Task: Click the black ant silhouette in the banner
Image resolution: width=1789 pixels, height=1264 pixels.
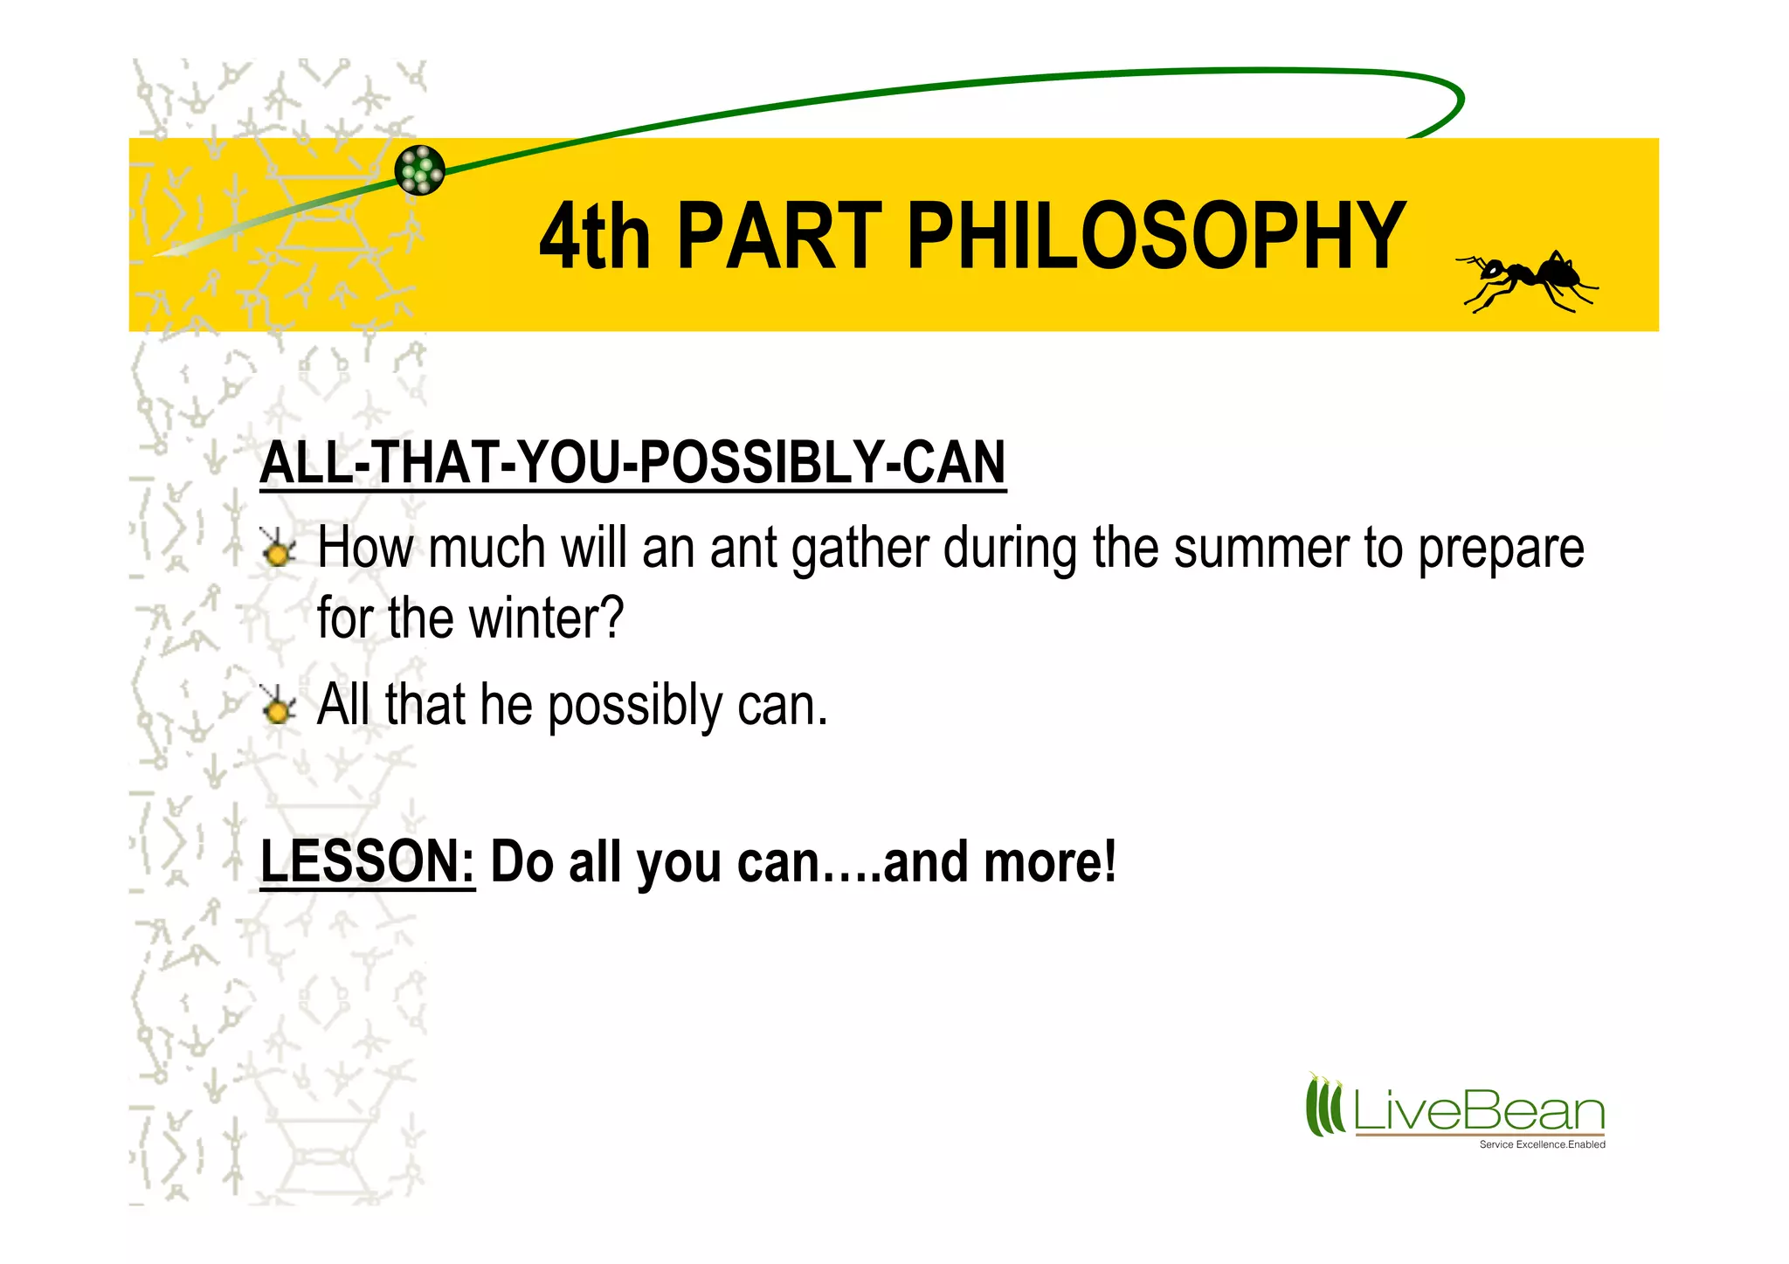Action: [1527, 280]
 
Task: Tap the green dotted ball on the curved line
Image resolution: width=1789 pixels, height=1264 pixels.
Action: [419, 169]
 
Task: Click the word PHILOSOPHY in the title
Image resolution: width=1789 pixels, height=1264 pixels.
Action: [1156, 236]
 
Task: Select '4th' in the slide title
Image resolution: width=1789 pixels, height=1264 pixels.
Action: [594, 236]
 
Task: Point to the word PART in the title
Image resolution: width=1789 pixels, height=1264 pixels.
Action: [779, 236]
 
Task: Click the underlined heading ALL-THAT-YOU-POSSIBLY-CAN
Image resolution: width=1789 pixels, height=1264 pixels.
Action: [632, 463]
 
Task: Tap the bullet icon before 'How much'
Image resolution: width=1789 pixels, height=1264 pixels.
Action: [278, 549]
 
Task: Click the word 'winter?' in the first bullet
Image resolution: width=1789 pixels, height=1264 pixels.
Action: [546, 618]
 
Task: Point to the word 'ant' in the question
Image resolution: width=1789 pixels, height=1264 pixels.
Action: [743, 549]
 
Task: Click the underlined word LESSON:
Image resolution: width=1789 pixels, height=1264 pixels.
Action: [368, 861]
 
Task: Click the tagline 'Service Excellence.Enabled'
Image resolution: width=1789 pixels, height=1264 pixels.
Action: [1542, 1144]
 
